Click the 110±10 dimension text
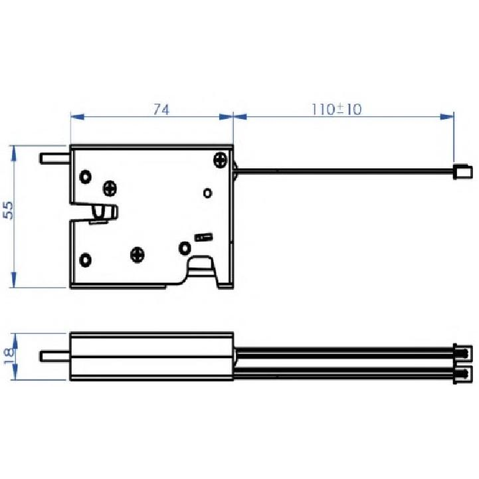click(x=336, y=110)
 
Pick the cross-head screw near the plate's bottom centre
click(x=138, y=253)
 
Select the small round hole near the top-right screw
click(x=207, y=193)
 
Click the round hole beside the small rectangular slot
click(x=183, y=248)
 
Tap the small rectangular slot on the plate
click(x=203, y=237)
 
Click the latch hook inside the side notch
click(x=102, y=213)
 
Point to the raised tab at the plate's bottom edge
click(x=203, y=269)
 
